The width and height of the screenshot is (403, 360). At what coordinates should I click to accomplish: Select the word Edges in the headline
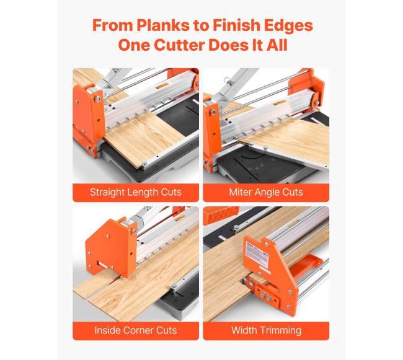click(289, 25)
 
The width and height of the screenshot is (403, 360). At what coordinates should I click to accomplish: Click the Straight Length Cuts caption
click(136, 192)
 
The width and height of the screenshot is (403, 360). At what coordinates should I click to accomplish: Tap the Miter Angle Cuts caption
click(266, 192)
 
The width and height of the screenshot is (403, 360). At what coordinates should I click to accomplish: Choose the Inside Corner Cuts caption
click(136, 330)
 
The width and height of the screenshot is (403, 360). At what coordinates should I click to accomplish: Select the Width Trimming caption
click(266, 331)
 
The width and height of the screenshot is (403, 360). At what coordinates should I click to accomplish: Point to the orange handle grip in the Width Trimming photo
click(221, 215)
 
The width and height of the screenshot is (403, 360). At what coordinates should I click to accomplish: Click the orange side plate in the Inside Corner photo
click(110, 247)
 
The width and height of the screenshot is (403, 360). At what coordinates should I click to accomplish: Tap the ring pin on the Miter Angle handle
click(226, 80)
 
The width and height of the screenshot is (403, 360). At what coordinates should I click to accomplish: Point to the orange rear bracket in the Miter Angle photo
click(307, 85)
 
